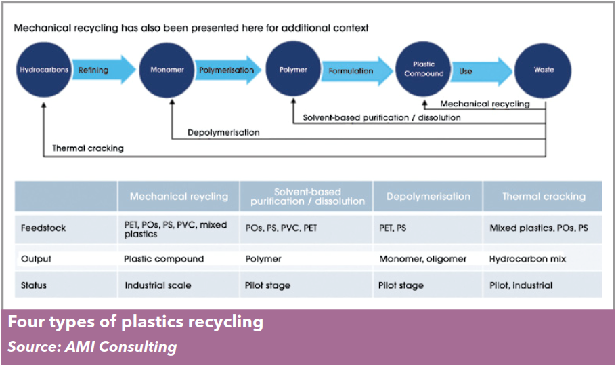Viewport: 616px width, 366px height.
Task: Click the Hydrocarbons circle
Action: tap(44, 70)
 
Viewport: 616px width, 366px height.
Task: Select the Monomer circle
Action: tap(167, 70)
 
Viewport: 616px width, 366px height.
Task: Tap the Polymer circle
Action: tap(293, 69)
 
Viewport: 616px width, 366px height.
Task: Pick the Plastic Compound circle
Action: tap(424, 69)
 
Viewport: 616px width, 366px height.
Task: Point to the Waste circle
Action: tap(544, 70)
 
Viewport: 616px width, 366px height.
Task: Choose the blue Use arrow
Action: tap(482, 71)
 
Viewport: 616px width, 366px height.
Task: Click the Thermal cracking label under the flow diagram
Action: tap(88, 148)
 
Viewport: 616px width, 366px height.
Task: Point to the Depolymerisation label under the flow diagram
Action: tap(223, 133)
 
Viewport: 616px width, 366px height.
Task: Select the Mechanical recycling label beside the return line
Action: tap(485, 104)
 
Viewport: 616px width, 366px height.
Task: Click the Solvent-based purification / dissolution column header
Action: tap(307, 197)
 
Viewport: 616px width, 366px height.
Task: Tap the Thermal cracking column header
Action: tap(544, 197)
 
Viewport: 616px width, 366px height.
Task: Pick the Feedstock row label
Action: tap(43, 228)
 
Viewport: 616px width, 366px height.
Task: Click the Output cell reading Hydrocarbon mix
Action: tap(527, 259)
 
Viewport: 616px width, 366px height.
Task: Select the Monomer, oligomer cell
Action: tap(422, 259)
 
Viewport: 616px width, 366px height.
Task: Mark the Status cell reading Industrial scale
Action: tap(158, 285)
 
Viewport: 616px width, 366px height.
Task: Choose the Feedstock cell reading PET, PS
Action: tap(393, 228)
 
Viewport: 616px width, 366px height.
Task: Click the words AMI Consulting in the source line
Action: tap(121, 347)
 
